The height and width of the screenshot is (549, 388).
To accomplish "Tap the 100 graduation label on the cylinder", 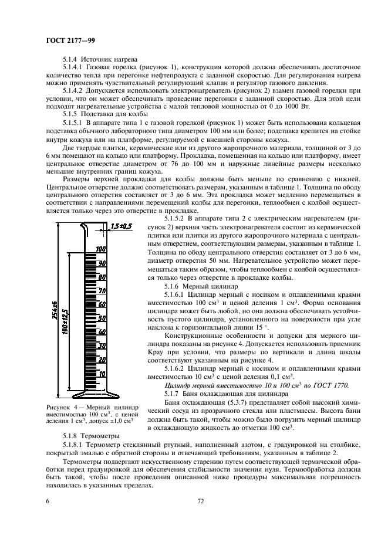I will point(101,249).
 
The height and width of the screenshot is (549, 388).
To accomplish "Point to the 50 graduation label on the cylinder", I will point(101,318).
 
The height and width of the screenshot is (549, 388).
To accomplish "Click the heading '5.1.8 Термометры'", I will point(91,437).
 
